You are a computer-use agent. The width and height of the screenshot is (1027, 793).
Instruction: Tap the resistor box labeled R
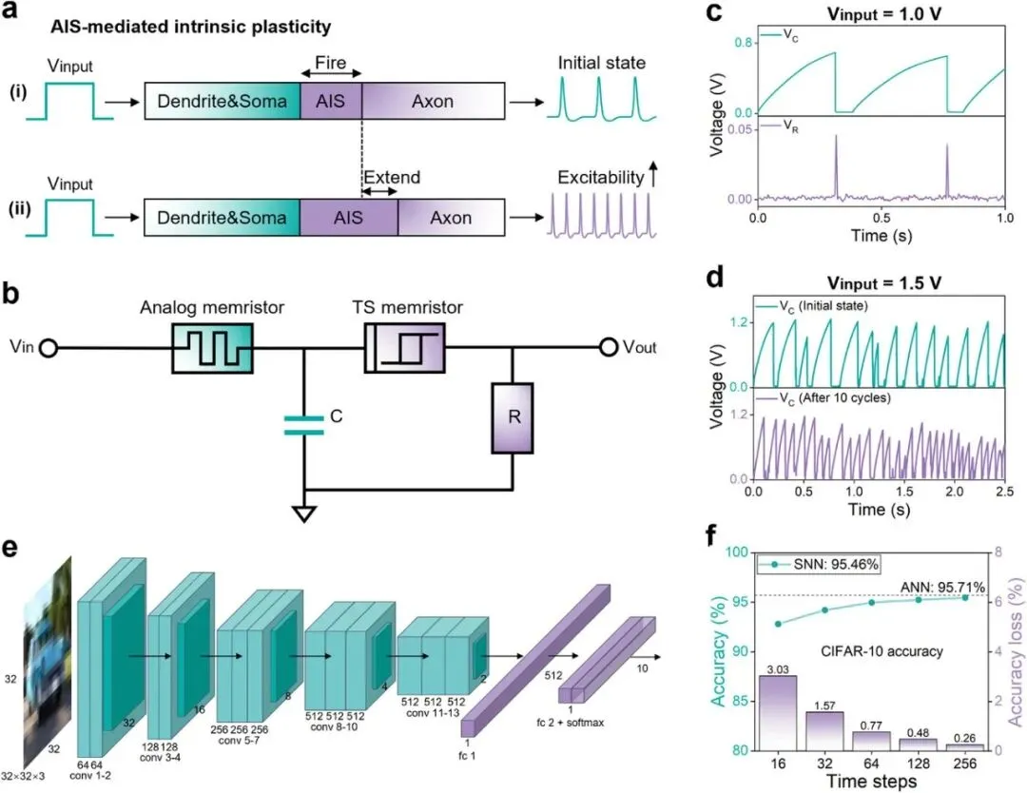513,417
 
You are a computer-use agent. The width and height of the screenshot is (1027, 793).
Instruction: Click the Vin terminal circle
49,349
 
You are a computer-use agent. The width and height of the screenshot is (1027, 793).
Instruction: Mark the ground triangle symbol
304,513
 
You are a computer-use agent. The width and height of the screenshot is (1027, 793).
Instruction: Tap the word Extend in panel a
391,178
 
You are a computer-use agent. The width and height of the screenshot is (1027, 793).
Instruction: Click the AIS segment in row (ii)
349,218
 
